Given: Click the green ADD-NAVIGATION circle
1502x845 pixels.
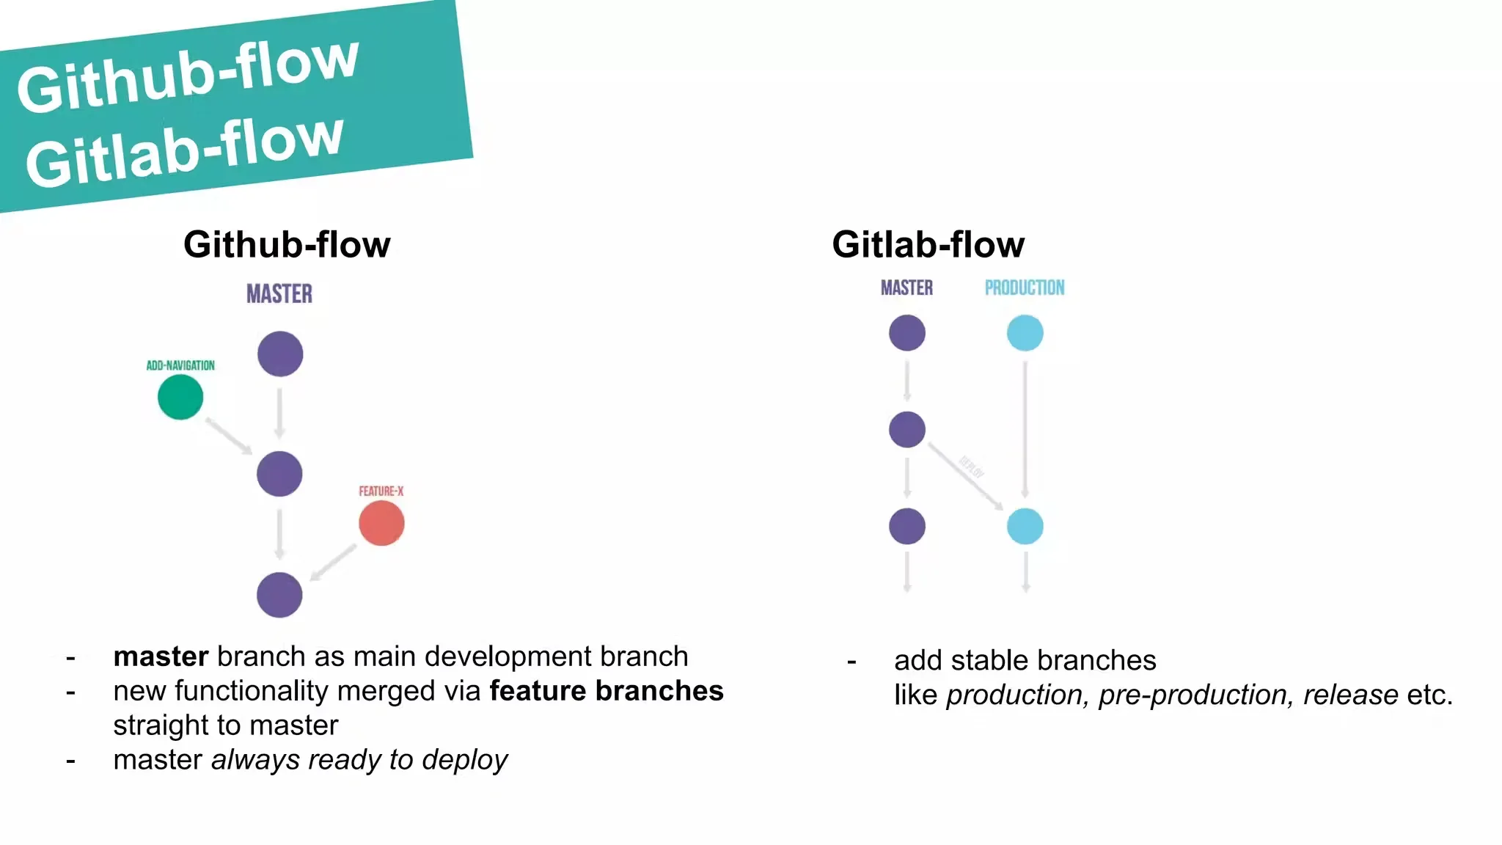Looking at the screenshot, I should [x=180, y=397].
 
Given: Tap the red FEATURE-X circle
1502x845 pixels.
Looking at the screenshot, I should [x=381, y=523].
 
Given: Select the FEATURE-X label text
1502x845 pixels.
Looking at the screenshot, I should [x=381, y=491].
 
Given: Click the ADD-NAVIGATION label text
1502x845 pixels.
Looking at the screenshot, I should [x=180, y=365].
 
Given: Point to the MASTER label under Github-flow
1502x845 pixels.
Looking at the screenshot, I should [x=279, y=294].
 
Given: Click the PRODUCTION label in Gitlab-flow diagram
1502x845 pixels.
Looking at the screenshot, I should [x=1025, y=288].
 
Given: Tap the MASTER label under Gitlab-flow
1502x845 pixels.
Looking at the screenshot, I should [x=906, y=288].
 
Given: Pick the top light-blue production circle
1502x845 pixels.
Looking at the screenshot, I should [x=1025, y=333].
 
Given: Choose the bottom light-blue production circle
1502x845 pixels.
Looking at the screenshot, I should [x=1025, y=526].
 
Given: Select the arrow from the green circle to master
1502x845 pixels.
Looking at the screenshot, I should [x=228, y=436].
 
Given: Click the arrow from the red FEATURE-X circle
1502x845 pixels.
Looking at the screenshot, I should [x=334, y=563].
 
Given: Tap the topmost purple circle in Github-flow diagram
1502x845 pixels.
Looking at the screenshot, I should [x=280, y=354].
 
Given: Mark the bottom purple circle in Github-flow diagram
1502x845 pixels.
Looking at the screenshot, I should [x=279, y=595].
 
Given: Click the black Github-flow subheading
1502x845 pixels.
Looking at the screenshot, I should [x=287, y=244].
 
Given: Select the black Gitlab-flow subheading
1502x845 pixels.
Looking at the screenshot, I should [x=928, y=244].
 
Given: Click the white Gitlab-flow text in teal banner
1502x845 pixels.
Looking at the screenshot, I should [x=184, y=151].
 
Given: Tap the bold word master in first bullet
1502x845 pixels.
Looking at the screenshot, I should [x=161, y=656].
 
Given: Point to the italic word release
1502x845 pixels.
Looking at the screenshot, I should [x=1350, y=695].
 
